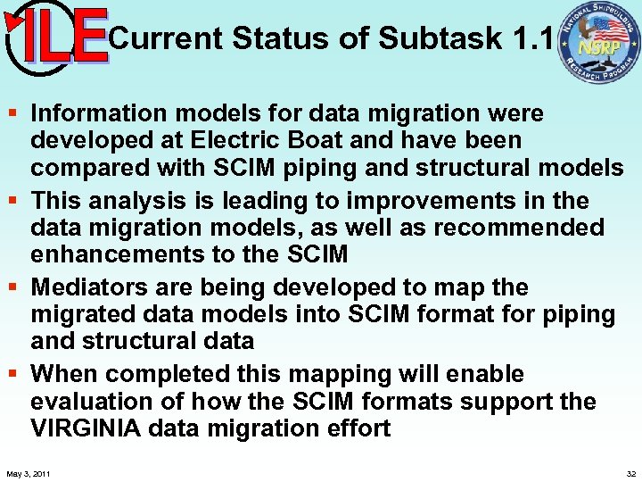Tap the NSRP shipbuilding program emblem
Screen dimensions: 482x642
[x=598, y=43]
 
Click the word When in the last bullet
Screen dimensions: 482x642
[x=63, y=374]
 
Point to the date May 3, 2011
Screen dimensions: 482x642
[x=28, y=473]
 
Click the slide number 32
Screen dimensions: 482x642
[x=631, y=473]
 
